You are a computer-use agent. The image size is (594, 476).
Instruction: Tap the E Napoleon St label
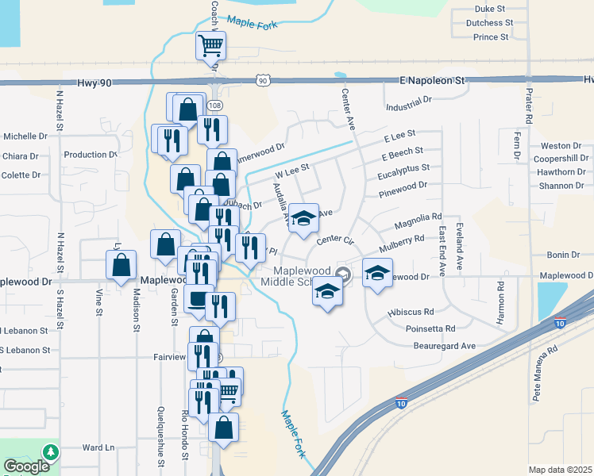432,81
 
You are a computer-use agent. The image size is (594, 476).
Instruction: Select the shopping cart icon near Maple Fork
211,46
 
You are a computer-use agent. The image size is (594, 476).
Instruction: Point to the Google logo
26,466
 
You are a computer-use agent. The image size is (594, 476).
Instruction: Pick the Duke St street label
490,9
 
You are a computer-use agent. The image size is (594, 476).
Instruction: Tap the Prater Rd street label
528,106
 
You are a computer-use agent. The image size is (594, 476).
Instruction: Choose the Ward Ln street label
98,447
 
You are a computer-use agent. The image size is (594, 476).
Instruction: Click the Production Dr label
91,155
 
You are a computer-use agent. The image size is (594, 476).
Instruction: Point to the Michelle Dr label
25,136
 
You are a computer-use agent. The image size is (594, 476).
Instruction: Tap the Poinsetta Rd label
428,328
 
